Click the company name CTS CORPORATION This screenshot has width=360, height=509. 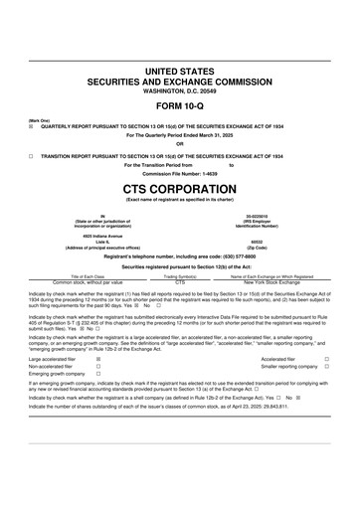(179, 186)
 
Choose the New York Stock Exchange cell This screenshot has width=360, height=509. (270, 282)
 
